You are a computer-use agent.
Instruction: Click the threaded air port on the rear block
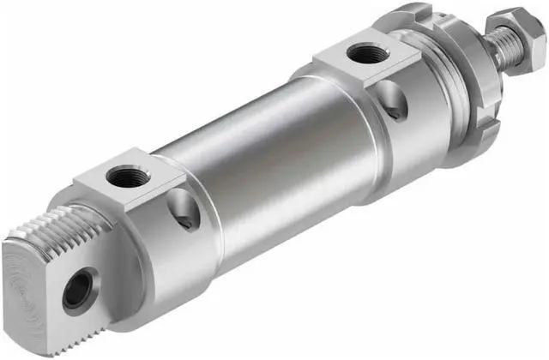[127, 177]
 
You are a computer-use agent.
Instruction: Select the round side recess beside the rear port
[182, 211]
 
